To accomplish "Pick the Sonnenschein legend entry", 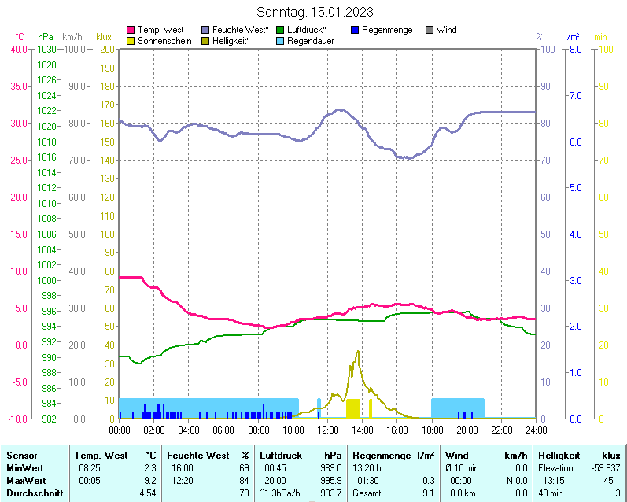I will [164, 40].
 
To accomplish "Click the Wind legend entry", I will [446, 30].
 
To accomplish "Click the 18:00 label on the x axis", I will [432, 430].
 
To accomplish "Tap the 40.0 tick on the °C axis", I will [18, 49].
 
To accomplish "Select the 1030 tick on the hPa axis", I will [46, 49].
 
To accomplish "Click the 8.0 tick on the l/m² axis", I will [574, 49].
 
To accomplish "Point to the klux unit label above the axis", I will [103, 37].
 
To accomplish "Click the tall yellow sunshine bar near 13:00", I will [352, 408].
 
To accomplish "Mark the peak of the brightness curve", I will [359, 351].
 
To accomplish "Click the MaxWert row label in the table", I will [25, 481].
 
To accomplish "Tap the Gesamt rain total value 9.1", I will [428, 493].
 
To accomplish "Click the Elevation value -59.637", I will [603, 468].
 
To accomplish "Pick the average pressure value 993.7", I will [331, 493].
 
